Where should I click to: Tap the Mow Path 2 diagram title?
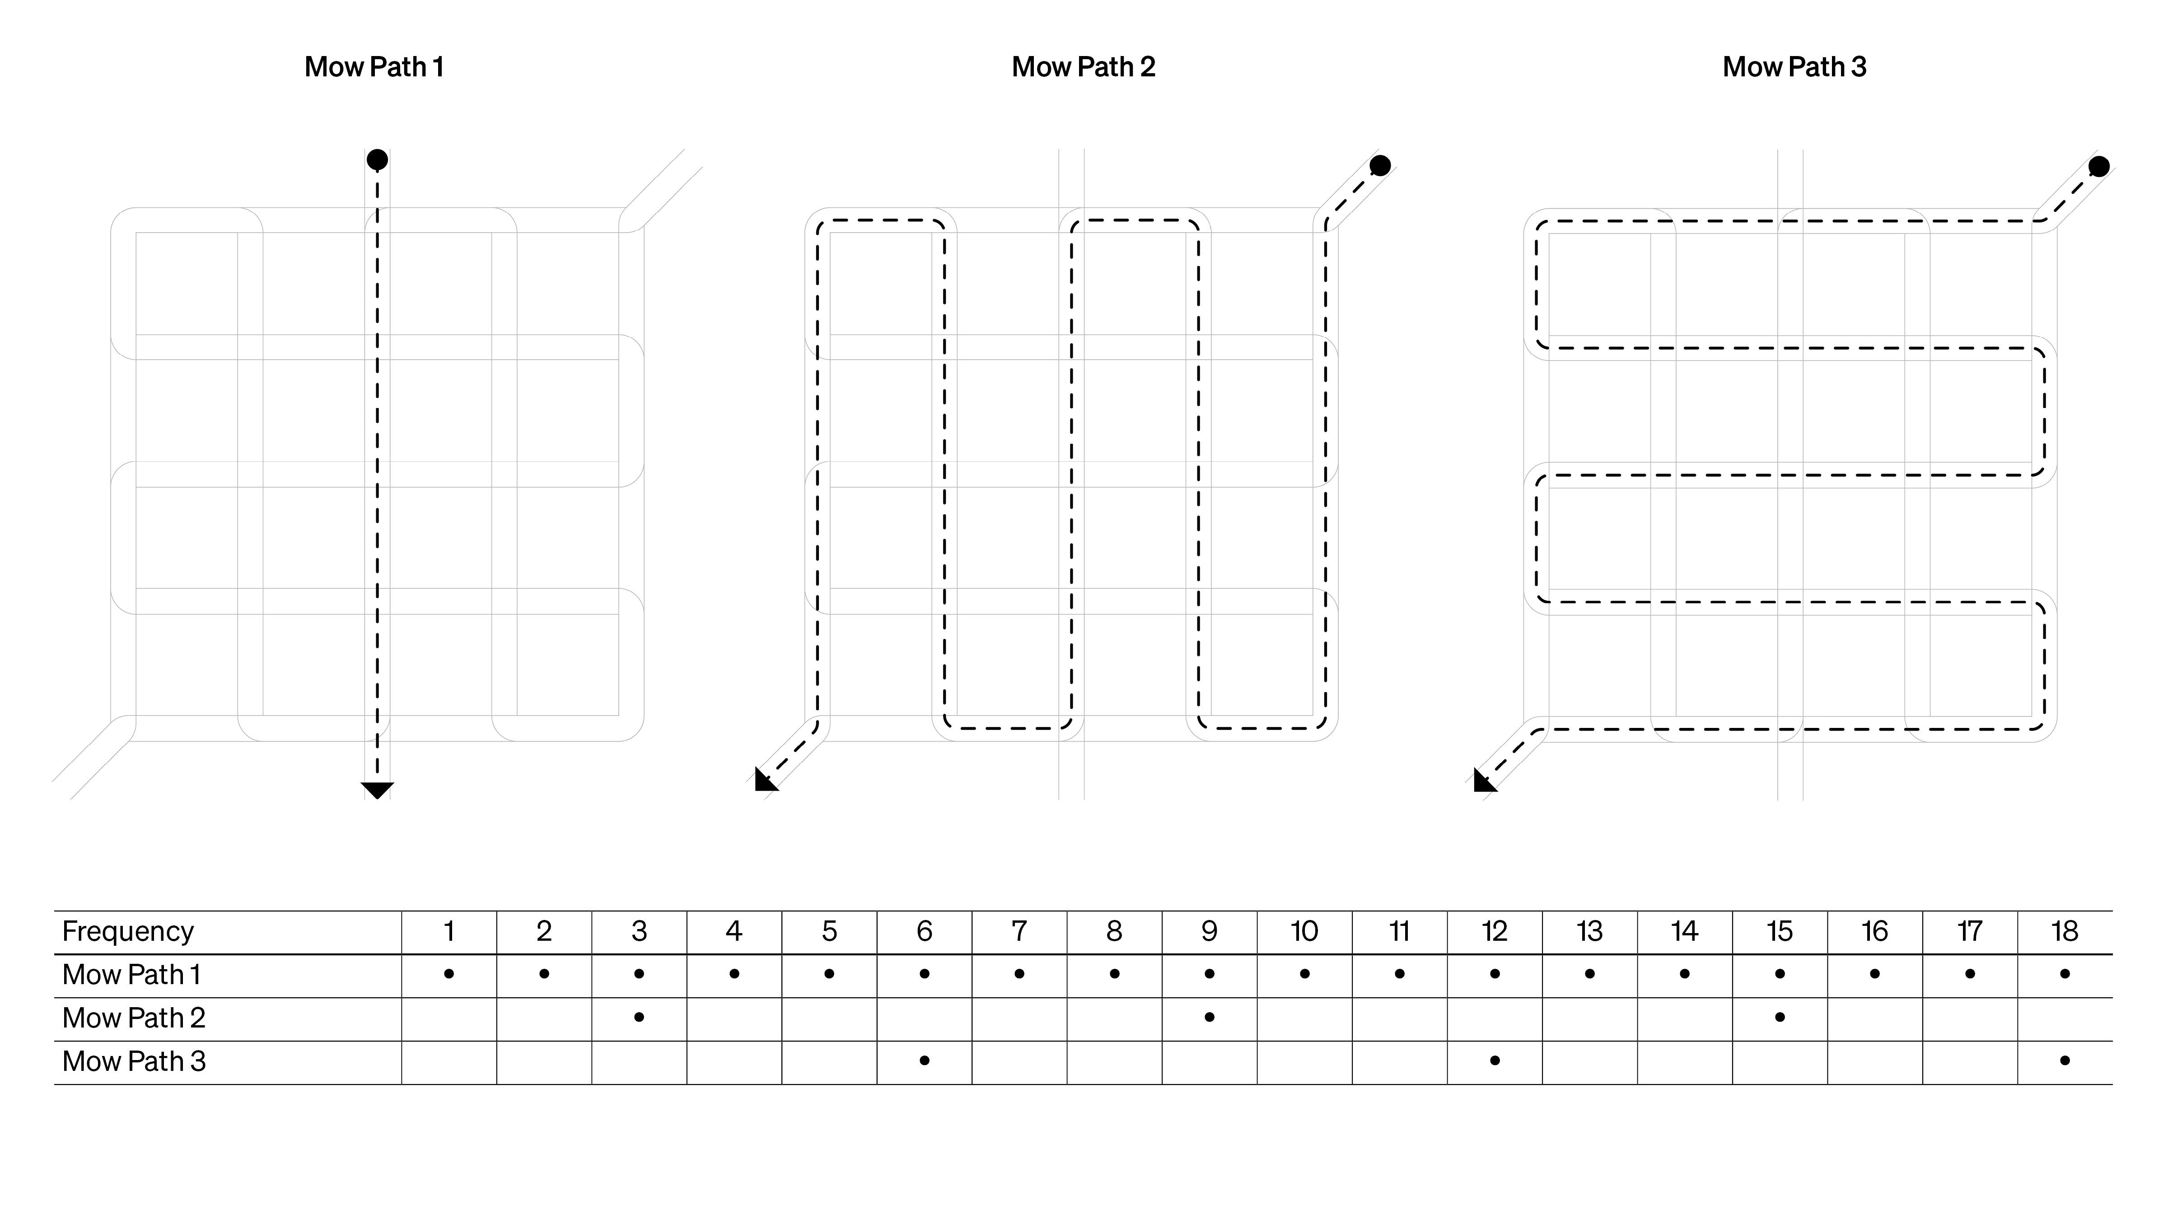coord(1083,67)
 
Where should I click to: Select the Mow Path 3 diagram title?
coord(1794,67)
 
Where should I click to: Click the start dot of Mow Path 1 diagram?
coord(377,159)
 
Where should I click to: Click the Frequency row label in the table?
coord(128,931)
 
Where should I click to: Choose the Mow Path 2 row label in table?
coord(134,1018)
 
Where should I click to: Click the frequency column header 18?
coord(2065,931)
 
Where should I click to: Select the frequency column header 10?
coord(1304,931)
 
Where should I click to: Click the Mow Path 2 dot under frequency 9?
coord(1210,1017)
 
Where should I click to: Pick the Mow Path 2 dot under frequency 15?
coord(1779,1017)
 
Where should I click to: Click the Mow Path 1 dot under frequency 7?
coord(1019,974)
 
